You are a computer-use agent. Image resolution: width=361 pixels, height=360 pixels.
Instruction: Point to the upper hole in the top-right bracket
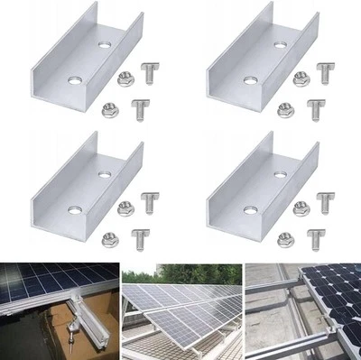[280, 43]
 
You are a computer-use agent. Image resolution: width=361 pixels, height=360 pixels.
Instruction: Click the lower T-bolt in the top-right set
[315, 109]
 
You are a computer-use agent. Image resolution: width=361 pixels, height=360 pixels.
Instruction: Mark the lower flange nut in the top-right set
[285, 109]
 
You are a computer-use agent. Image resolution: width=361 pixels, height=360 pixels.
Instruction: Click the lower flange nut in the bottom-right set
[285, 238]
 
